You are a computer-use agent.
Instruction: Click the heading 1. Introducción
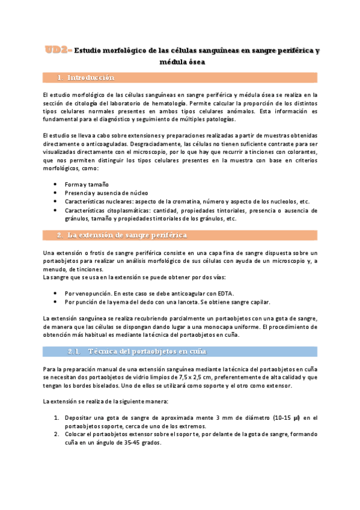90,78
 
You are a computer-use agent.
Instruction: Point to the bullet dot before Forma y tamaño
56,183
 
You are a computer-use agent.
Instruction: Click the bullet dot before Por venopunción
56,293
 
